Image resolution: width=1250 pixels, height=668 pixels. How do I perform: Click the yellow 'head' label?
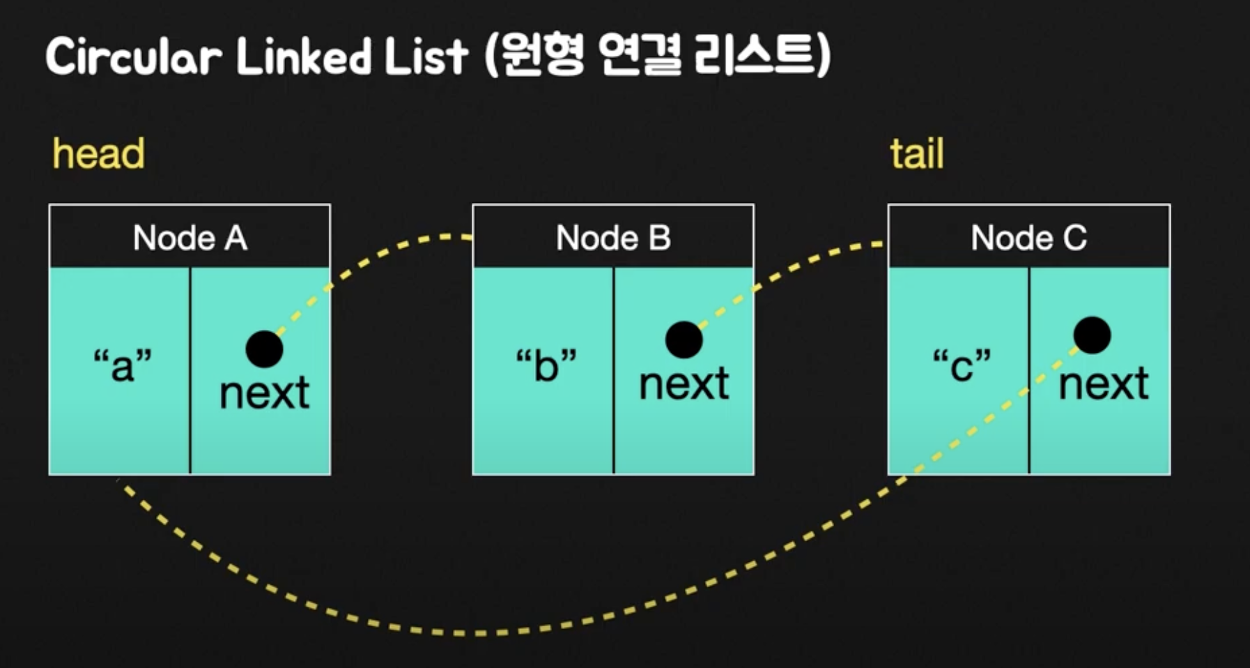click(x=99, y=153)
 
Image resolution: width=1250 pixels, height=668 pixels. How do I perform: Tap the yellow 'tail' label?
click(x=916, y=153)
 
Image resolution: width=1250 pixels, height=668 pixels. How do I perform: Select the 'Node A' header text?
click(x=190, y=238)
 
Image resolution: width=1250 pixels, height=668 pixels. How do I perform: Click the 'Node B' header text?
click(x=613, y=238)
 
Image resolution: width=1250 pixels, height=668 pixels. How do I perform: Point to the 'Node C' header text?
click(x=1029, y=238)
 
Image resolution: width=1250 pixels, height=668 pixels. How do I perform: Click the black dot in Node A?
click(x=264, y=349)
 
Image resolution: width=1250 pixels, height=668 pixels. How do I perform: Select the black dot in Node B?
click(x=684, y=340)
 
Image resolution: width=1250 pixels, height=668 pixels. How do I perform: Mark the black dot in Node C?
click(x=1092, y=335)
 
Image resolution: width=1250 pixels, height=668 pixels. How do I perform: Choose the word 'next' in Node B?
click(x=684, y=384)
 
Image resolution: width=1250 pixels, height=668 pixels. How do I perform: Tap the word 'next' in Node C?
click(x=1104, y=384)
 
